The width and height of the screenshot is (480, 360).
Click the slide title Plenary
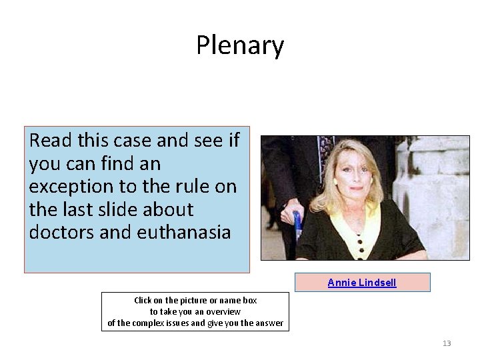(x=240, y=45)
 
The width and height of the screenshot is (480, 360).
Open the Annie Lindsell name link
(x=362, y=283)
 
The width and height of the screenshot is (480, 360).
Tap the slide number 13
(x=447, y=343)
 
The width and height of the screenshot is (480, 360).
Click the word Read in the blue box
(x=51, y=141)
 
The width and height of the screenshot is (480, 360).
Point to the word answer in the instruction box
(x=267, y=323)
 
